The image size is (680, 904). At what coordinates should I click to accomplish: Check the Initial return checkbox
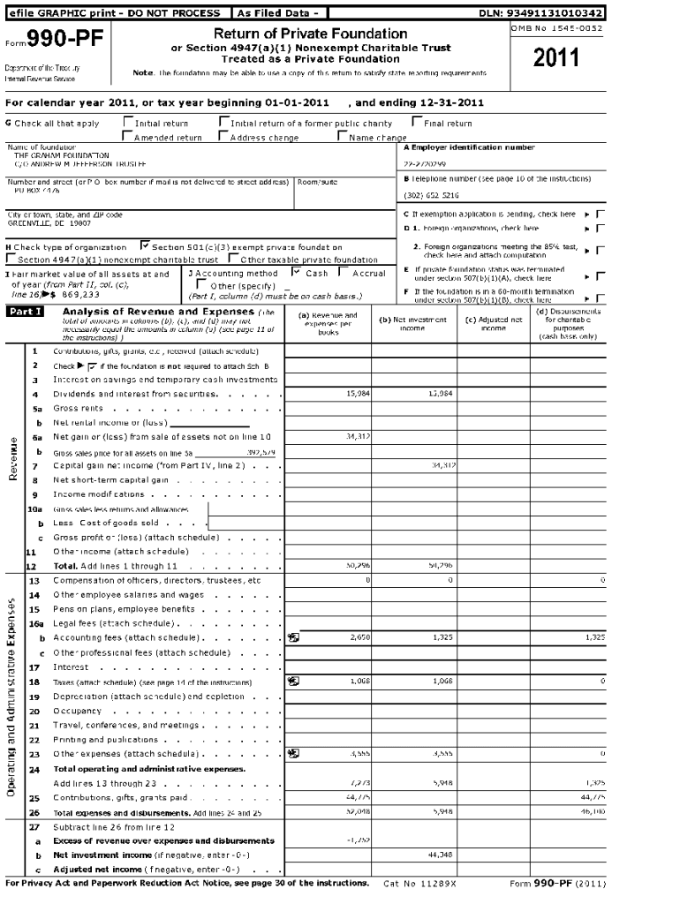[x=128, y=124]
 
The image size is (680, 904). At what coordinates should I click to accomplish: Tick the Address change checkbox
[x=223, y=137]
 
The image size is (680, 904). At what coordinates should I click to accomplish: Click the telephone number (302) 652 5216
[x=432, y=195]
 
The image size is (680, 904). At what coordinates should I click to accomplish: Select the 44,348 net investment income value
[x=440, y=855]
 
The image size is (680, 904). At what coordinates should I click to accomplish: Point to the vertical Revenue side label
[x=13, y=459]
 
